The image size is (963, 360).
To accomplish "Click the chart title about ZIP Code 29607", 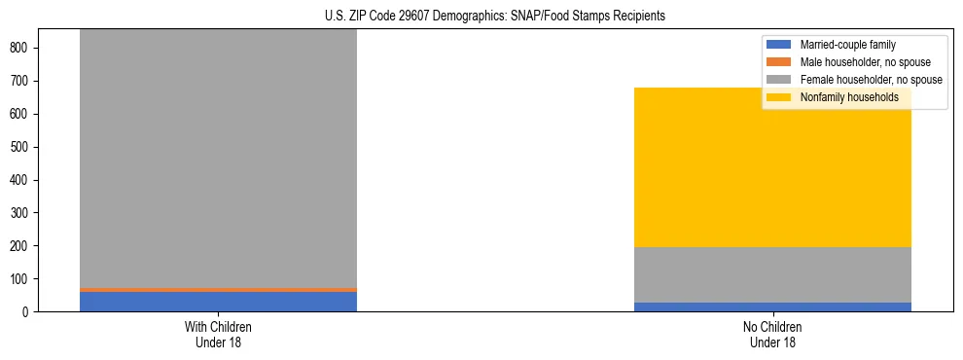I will tap(495, 17).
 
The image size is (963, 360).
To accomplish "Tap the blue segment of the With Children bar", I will tap(218, 302).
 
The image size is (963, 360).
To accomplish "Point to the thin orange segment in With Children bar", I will tap(218, 290).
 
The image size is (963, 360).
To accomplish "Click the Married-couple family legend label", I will tap(847, 45).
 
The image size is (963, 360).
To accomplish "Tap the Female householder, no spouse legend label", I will tap(871, 80).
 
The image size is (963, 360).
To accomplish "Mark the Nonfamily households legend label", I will tap(849, 97).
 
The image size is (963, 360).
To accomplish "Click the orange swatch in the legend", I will tap(780, 62).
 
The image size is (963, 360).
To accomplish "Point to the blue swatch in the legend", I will tap(780, 45).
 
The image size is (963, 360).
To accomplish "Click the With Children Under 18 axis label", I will tap(218, 334).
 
